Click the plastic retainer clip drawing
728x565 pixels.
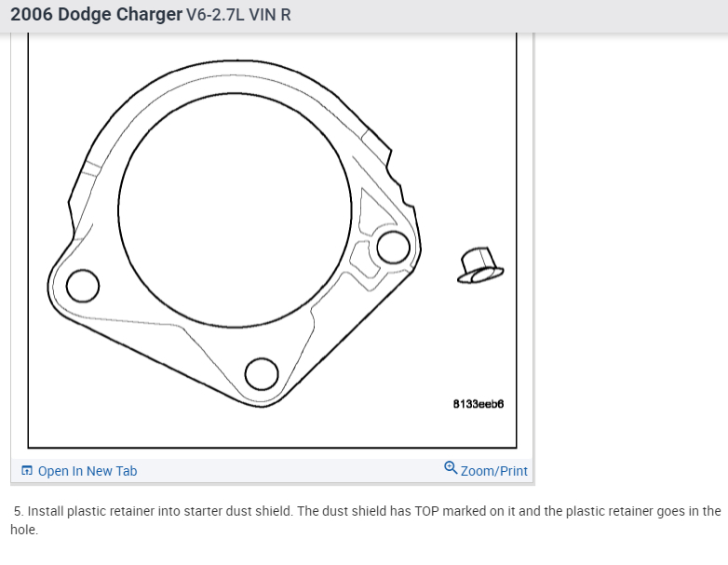(479, 264)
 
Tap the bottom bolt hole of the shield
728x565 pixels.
(262, 373)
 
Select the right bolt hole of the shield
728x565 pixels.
(393, 247)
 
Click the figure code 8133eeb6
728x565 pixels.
(478, 405)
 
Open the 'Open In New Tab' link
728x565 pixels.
(87, 471)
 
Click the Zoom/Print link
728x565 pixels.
(493, 471)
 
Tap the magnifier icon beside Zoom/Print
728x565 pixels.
(451, 468)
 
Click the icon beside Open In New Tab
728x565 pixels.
(27, 471)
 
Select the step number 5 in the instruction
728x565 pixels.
(18, 511)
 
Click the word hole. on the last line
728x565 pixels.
(24, 530)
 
